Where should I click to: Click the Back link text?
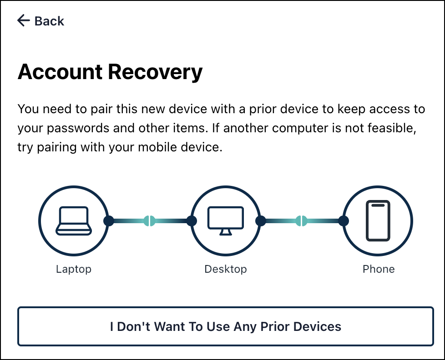tap(50, 21)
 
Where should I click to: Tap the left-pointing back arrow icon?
tap(23, 20)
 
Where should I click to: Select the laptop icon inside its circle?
tap(73, 221)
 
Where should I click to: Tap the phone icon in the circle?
tap(378, 221)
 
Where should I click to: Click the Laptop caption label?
tap(74, 269)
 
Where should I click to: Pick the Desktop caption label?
tap(226, 269)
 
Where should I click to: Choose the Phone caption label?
tap(379, 269)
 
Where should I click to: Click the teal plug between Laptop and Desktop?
tap(150, 221)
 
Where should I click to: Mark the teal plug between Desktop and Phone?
tap(302, 221)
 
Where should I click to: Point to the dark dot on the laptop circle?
tap(109, 221)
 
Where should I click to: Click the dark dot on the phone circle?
tap(344, 221)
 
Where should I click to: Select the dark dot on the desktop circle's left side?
tap(192, 221)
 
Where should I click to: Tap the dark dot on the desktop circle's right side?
tap(261, 221)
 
